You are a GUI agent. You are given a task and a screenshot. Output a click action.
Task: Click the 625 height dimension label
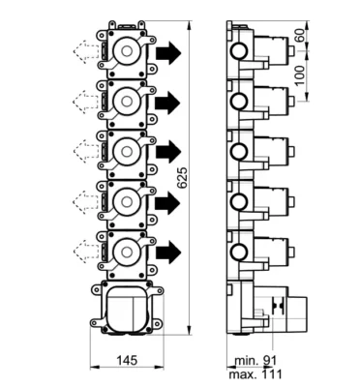tap(182, 177)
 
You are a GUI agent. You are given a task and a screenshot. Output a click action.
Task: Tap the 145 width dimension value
tap(127, 360)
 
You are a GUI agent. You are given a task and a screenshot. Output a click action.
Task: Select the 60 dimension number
tap(300, 35)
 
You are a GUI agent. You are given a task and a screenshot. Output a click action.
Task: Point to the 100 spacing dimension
tap(300, 75)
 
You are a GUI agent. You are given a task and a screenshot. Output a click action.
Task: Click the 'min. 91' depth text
tap(255, 361)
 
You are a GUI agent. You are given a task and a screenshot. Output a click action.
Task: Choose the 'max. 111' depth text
tap(255, 374)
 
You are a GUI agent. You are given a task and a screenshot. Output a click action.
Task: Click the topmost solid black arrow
tap(168, 52)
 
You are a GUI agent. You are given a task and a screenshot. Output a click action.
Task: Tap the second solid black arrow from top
tap(167, 103)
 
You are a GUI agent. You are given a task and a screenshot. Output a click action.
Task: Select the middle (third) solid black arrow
tap(168, 151)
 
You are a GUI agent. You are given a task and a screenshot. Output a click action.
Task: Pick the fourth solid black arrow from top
tap(167, 203)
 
